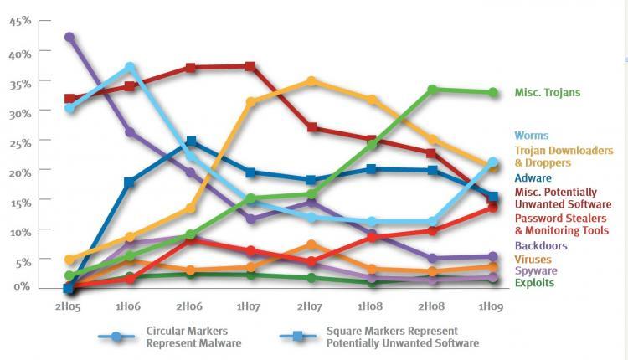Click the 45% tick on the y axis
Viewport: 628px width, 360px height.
click(x=19, y=22)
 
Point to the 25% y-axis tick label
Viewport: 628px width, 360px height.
click(x=19, y=141)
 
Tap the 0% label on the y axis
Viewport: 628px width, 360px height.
click(x=23, y=286)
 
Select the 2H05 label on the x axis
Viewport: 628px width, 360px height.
click(x=69, y=307)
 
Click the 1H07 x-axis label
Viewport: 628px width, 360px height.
click(x=250, y=307)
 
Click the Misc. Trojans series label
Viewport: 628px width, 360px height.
click(x=547, y=93)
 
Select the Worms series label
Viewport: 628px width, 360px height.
click(x=533, y=135)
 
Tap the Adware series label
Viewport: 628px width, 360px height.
click(x=533, y=177)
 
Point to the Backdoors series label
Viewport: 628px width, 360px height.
click(x=542, y=245)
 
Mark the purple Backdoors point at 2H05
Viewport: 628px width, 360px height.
click(x=69, y=38)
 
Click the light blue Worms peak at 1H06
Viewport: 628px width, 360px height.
click(x=130, y=67)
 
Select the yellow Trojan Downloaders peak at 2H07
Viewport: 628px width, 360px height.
click(x=311, y=81)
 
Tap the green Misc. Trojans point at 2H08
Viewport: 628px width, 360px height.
click(x=432, y=89)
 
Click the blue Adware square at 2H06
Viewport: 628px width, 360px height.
click(x=191, y=141)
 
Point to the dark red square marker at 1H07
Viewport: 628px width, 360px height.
click(x=250, y=66)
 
